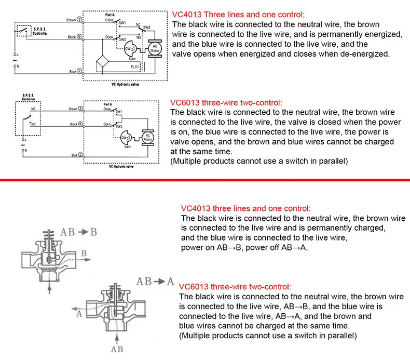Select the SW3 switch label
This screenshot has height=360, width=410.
(147, 26)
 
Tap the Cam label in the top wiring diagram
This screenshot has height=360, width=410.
(132, 58)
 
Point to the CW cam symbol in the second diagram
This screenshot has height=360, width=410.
(125, 138)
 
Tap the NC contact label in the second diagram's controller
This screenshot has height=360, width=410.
(32, 110)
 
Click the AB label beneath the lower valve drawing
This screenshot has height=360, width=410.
(117, 349)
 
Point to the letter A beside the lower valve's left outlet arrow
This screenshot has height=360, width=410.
(79, 313)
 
